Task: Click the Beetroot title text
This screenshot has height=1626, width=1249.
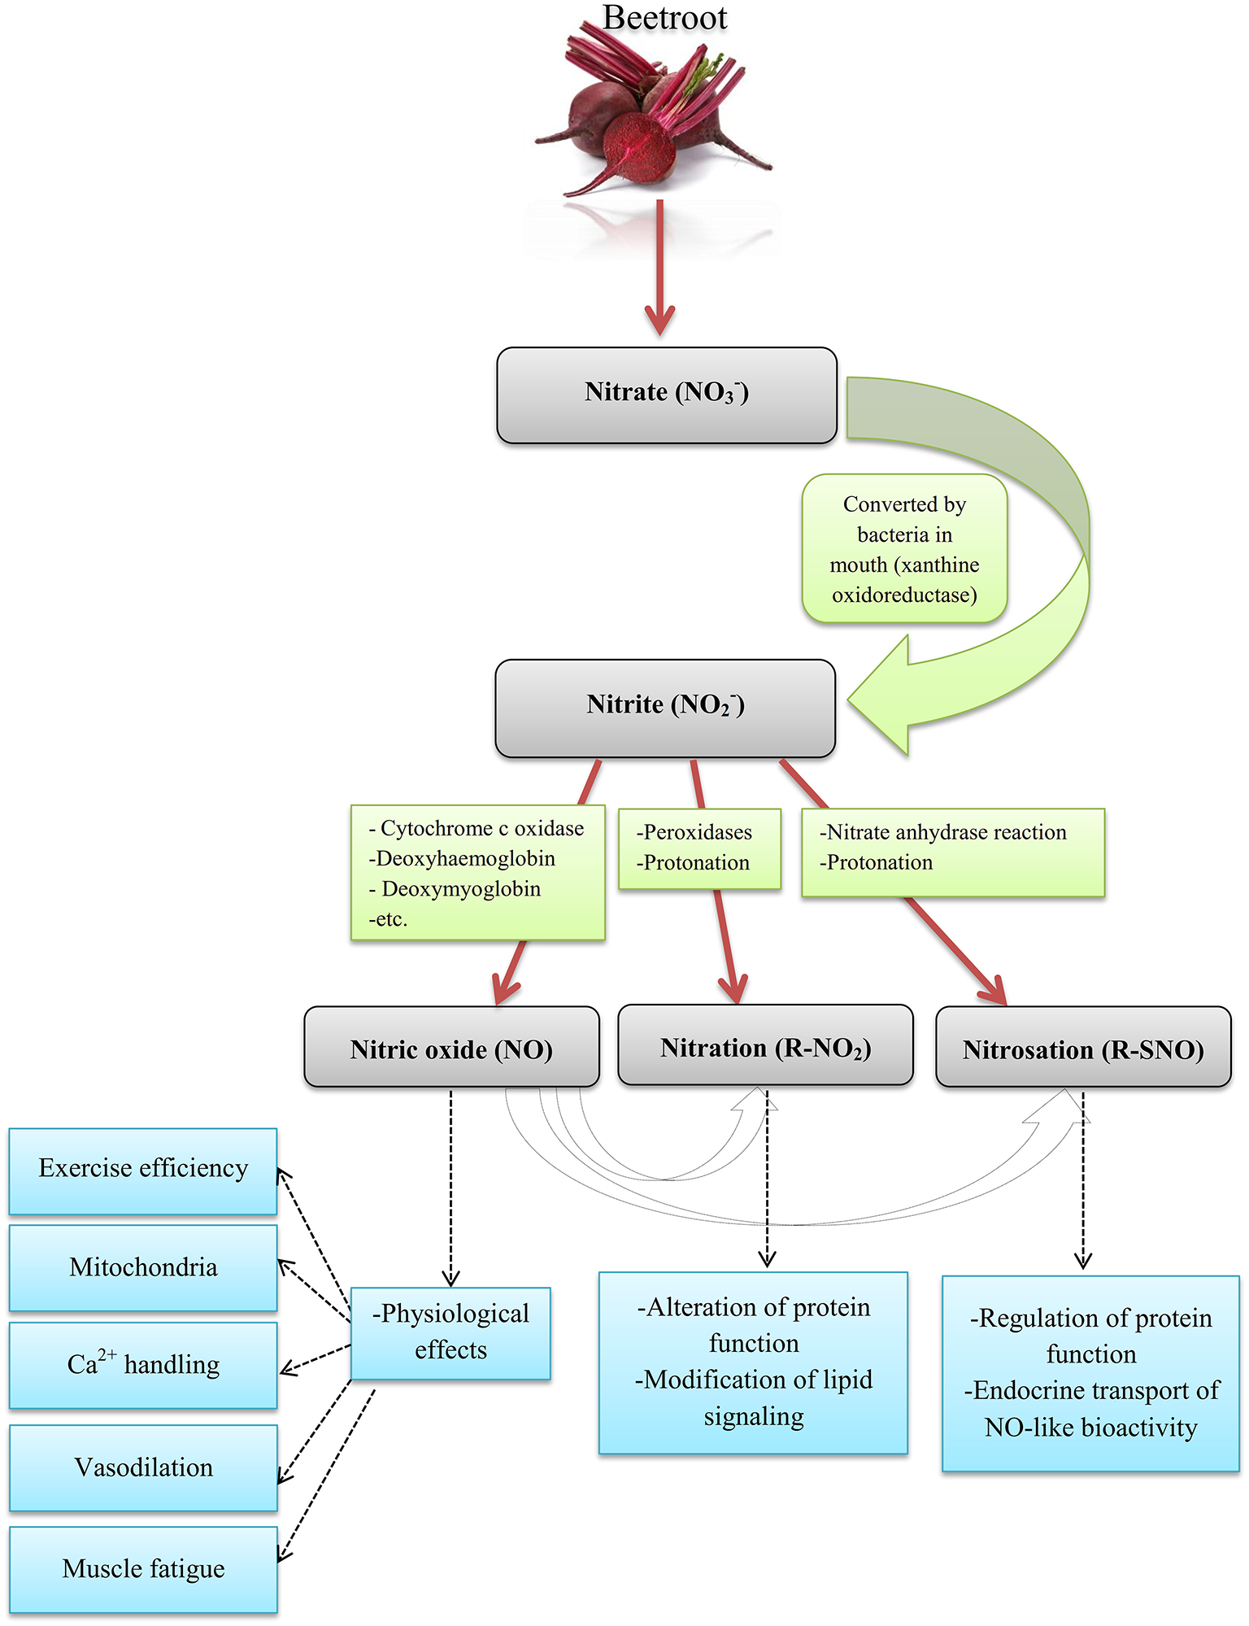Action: coord(664,18)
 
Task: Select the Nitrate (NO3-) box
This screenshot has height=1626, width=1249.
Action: coord(666,395)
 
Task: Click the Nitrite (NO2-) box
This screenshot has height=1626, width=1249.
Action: coord(665,708)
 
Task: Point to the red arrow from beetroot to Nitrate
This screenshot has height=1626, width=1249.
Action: coord(659,268)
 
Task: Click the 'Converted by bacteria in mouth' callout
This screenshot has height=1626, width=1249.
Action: coord(904,549)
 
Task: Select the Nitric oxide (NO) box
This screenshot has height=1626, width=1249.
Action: coord(451,1048)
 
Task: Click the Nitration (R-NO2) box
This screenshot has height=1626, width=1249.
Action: coord(765,1046)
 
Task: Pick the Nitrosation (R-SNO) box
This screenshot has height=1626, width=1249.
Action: coord(1083,1048)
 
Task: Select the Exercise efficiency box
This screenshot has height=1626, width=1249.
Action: coord(143,1170)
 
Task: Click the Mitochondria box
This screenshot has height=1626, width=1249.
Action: coord(143,1267)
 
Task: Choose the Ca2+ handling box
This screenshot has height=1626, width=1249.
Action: coord(143,1364)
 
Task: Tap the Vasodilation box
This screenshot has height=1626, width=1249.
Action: coord(143,1467)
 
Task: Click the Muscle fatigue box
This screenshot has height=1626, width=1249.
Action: coord(143,1568)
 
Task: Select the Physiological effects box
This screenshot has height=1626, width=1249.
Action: coord(450,1332)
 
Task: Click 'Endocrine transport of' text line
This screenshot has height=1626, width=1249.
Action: coord(1091,1391)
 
